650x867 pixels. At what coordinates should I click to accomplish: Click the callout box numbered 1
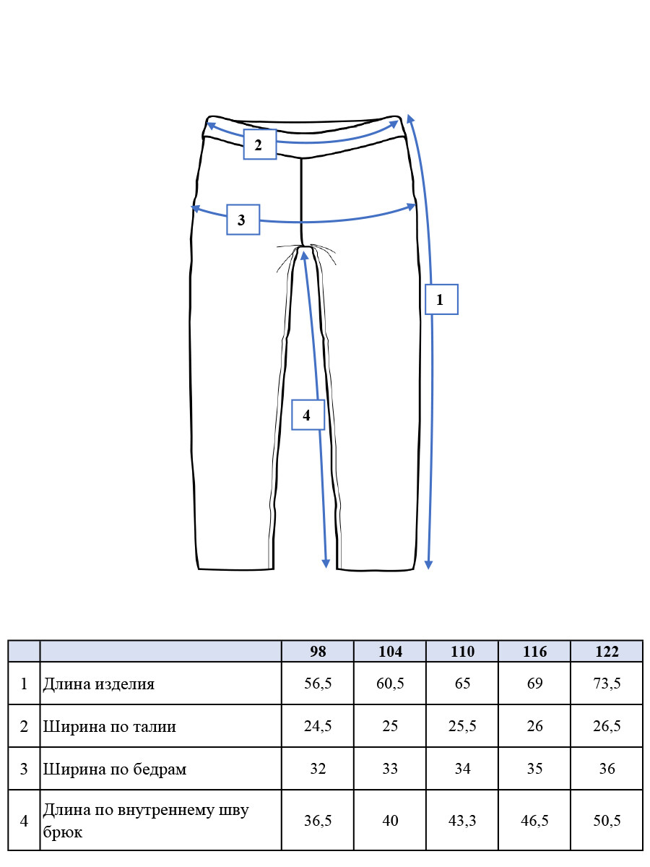pyautogui.click(x=441, y=299)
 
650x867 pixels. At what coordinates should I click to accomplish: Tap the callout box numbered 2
pyautogui.click(x=259, y=144)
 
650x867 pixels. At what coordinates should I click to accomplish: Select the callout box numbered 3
pyautogui.click(x=243, y=220)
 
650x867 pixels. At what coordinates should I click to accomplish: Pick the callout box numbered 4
pyautogui.click(x=308, y=415)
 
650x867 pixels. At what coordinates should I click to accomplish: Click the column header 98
pyautogui.click(x=318, y=651)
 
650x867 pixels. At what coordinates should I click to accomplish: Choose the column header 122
pyautogui.click(x=607, y=651)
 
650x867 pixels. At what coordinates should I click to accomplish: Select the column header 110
pyautogui.click(x=462, y=651)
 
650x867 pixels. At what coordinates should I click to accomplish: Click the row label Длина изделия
pyautogui.click(x=99, y=683)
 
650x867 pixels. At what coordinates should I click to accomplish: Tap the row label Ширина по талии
pyautogui.click(x=109, y=726)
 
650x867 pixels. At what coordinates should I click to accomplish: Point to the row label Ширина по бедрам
pyautogui.click(x=114, y=769)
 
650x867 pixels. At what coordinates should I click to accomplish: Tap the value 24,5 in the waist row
pyautogui.click(x=318, y=725)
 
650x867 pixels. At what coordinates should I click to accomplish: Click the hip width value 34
pyautogui.click(x=462, y=768)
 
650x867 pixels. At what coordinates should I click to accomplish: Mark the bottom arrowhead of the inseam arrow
pyautogui.click(x=326, y=564)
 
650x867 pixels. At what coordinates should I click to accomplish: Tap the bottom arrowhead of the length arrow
pyautogui.click(x=428, y=565)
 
